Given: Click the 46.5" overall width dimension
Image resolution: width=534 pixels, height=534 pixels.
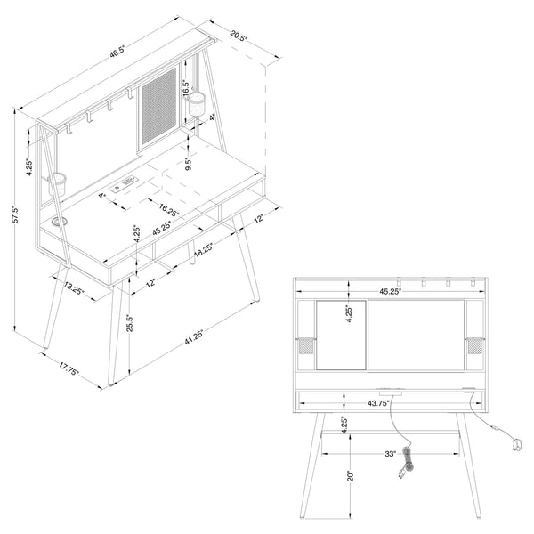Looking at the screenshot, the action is [x=117, y=51].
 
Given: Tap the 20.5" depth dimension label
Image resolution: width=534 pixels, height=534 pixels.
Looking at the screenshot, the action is [x=239, y=36].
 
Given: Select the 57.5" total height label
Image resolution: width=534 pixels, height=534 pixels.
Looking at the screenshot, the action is [x=16, y=214].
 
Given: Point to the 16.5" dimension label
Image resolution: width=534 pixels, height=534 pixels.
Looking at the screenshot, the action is [x=186, y=88].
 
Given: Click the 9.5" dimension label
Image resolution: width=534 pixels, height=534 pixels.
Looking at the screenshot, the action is [x=189, y=164].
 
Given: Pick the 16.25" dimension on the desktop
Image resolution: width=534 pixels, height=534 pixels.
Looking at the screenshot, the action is [x=169, y=210].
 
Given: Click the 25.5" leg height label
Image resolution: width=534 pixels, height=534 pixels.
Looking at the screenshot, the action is [x=129, y=323].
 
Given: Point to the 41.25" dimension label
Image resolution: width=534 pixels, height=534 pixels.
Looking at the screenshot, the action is [x=194, y=336].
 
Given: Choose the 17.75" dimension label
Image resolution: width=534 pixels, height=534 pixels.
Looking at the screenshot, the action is [x=69, y=368].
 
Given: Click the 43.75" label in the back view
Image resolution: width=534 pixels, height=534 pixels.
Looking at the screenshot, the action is [x=378, y=403].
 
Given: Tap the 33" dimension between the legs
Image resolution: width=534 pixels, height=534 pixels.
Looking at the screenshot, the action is [x=391, y=454].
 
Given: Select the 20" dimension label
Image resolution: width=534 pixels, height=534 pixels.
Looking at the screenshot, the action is [x=351, y=476].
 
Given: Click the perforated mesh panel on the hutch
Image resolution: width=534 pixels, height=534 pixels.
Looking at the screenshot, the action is [x=159, y=107].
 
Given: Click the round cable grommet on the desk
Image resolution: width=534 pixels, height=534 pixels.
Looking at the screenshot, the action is [x=60, y=222].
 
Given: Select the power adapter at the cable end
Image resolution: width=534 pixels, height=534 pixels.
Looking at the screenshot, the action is [x=517, y=445].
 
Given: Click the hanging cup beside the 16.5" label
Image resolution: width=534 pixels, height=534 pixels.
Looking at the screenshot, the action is [x=198, y=104].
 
